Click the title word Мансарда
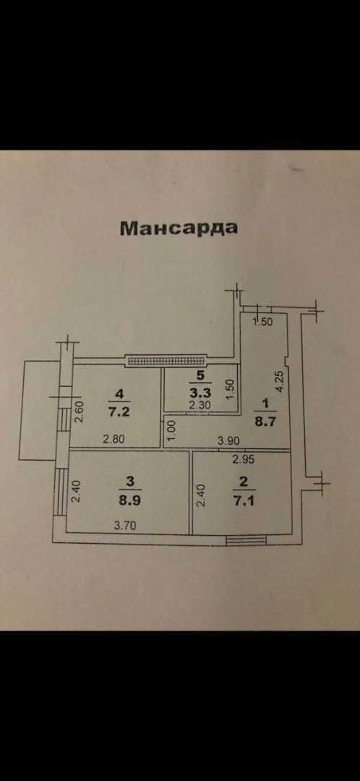pos(179,228)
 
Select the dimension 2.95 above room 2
pos(244,460)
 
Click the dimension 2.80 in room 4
pos(114,440)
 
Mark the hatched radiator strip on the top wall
pos(166,360)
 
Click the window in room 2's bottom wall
pos(246,540)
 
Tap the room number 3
pos(129,482)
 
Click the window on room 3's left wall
pos(60,492)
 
